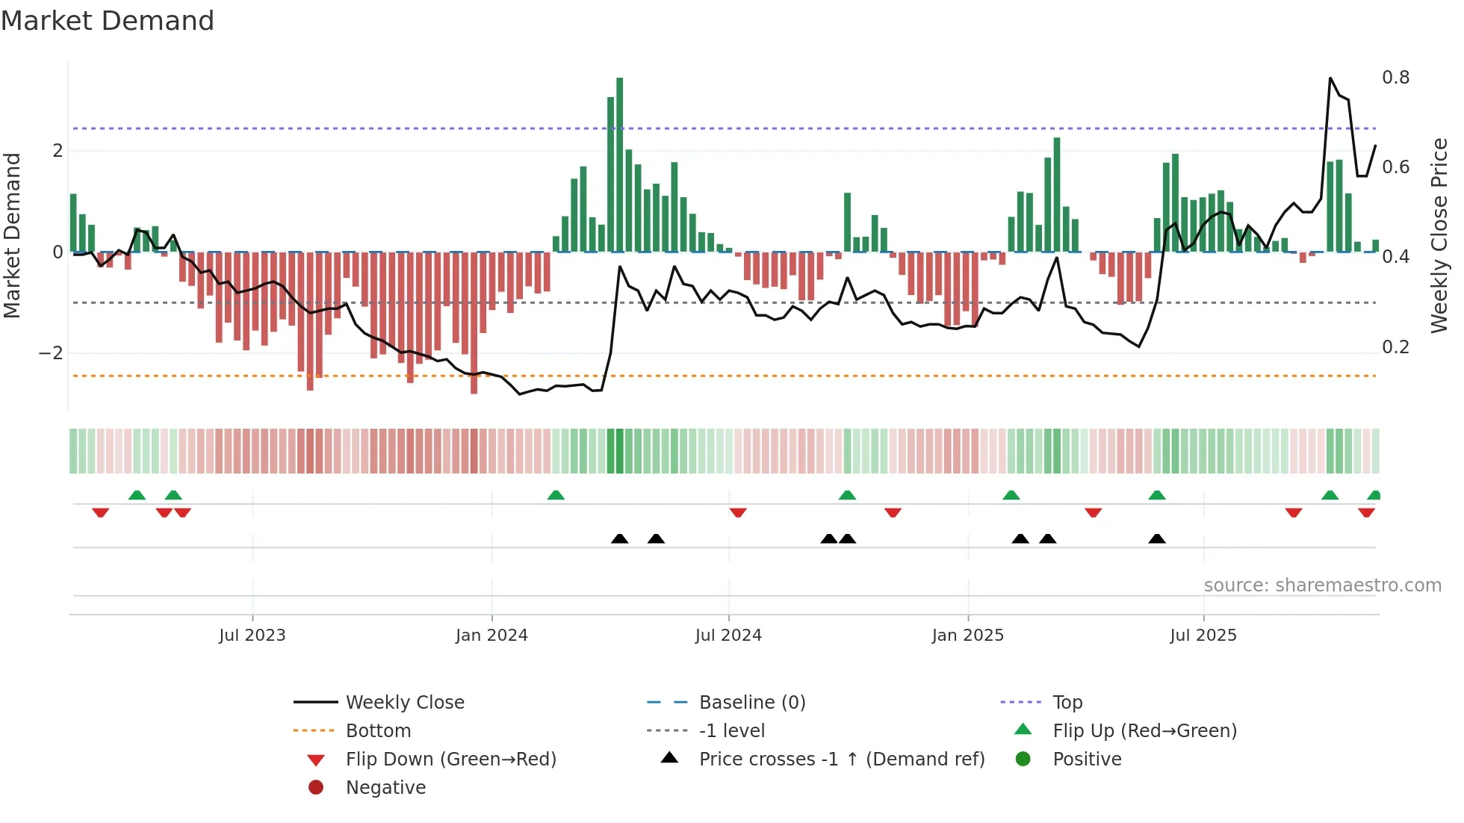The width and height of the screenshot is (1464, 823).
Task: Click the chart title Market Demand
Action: (108, 21)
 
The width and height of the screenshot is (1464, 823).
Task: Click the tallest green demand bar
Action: (619, 164)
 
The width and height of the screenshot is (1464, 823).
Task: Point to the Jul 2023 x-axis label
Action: (252, 636)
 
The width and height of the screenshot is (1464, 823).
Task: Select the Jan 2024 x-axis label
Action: (491, 636)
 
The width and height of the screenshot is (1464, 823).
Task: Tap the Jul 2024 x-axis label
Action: (728, 636)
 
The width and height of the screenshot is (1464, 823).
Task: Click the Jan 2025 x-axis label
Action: (968, 636)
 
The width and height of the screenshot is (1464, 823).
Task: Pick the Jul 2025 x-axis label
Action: (1203, 636)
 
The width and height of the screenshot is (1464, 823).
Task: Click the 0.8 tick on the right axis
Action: (1395, 78)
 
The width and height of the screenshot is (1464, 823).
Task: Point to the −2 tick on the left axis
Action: (51, 353)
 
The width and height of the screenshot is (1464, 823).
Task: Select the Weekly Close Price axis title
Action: (1439, 235)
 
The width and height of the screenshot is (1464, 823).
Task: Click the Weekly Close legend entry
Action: (404, 703)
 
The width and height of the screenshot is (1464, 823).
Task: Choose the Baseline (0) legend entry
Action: (751, 703)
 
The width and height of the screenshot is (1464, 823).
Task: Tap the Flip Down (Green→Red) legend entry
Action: (450, 760)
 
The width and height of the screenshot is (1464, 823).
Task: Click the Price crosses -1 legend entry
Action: (841, 760)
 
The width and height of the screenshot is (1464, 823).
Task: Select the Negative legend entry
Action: (385, 788)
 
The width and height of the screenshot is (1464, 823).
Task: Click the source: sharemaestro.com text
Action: (1322, 586)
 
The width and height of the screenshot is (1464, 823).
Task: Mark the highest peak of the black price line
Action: (1330, 78)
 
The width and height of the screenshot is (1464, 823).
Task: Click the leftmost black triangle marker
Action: (619, 538)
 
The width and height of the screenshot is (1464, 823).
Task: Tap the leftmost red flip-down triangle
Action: (101, 512)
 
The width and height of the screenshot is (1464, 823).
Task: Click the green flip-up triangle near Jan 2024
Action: (556, 495)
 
